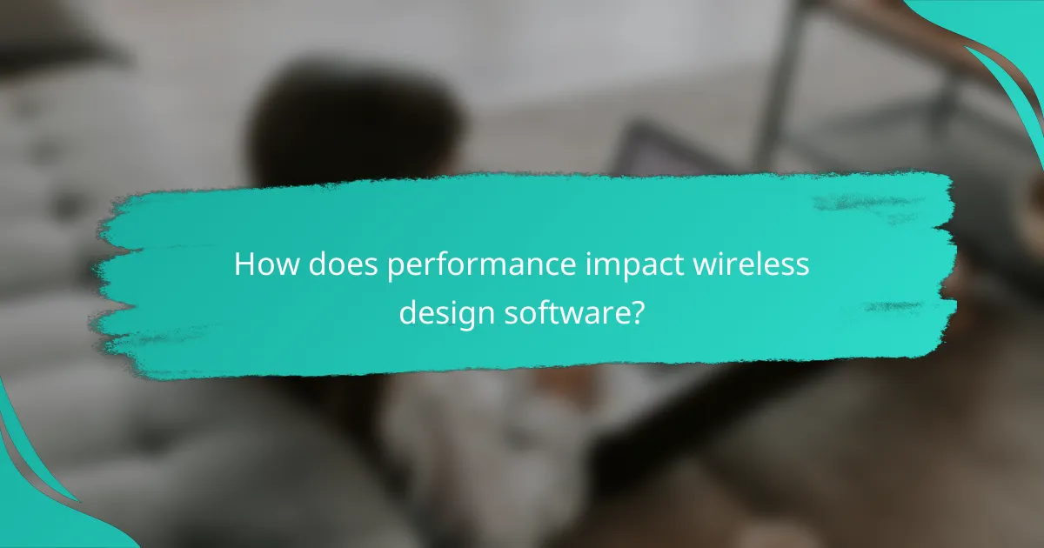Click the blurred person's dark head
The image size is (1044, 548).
point(357,122)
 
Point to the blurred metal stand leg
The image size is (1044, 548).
point(774,87)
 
